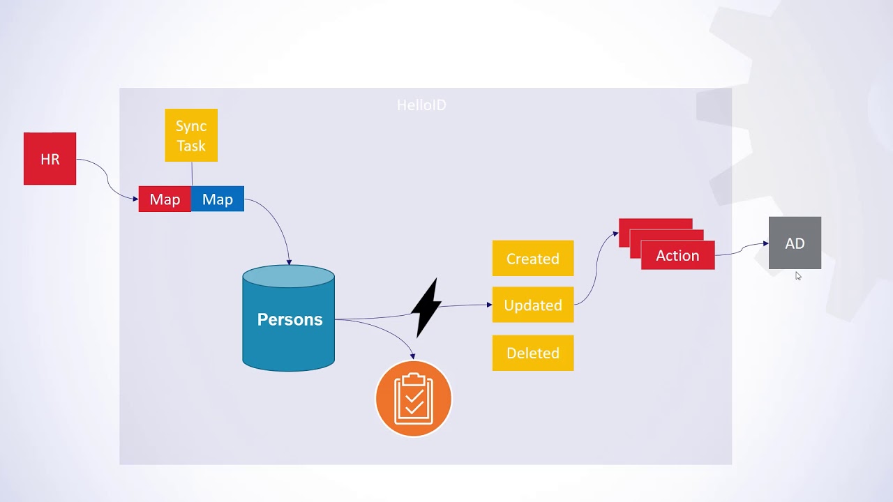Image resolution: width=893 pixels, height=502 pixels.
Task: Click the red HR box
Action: click(50, 159)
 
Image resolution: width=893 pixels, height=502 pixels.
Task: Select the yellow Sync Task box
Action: click(191, 135)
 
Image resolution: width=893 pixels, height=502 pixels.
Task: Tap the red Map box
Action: click(165, 199)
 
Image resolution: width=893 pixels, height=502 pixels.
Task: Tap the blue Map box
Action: click(218, 199)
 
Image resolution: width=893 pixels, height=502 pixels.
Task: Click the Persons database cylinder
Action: click(289, 319)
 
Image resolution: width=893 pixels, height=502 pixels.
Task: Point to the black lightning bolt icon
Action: click(426, 307)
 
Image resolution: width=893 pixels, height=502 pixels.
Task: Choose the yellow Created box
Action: click(533, 259)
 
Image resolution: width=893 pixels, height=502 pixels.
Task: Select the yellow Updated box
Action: click(533, 305)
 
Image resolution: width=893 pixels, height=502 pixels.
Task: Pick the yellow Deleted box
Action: click(533, 353)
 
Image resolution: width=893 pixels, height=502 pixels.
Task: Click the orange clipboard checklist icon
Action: click(414, 399)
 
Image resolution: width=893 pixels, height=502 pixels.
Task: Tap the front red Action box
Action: click(677, 255)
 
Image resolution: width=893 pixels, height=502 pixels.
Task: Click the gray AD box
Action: click(795, 243)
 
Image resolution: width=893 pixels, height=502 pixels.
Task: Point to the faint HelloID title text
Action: click(421, 105)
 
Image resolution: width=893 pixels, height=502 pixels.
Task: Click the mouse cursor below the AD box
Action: click(798, 276)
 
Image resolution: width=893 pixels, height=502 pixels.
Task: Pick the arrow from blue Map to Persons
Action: click(277, 223)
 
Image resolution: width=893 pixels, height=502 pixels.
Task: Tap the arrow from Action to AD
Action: click(741, 248)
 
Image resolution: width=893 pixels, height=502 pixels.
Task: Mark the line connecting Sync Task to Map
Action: click(192, 174)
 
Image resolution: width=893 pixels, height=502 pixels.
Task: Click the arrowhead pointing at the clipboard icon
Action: click(413, 356)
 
